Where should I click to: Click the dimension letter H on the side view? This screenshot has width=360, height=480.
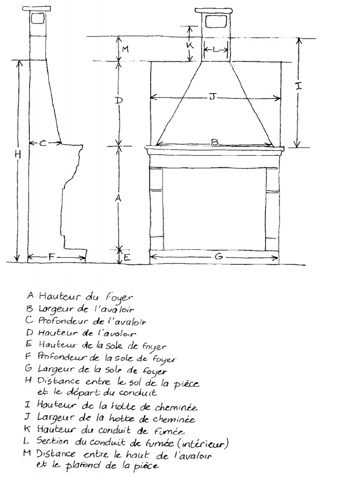(x=18, y=154)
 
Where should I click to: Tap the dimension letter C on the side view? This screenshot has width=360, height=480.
(x=43, y=142)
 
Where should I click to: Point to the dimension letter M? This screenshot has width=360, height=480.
(x=125, y=49)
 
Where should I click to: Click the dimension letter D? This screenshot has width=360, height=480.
(x=119, y=100)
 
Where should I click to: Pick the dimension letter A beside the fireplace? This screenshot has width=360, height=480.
(x=119, y=198)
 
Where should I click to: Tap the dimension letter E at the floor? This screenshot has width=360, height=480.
(x=127, y=257)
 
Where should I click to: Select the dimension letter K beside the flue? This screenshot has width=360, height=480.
(x=190, y=45)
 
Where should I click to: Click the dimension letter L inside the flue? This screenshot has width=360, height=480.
(x=216, y=49)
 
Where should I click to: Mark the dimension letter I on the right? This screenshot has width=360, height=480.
(x=299, y=86)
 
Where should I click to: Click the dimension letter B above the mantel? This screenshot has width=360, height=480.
(x=215, y=142)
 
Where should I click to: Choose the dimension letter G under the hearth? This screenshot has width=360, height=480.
(x=218, y=256)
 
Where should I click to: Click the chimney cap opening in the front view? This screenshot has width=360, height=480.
(x=216, y=22)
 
